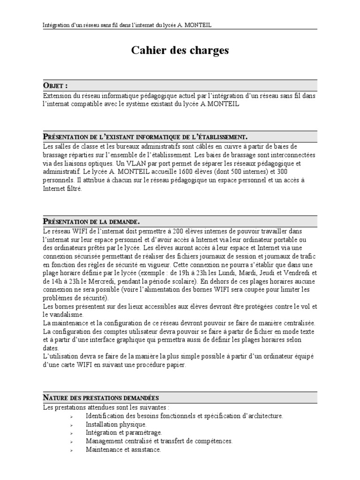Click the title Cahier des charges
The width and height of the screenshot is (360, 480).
point(180,51)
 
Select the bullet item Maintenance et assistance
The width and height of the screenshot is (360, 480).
point(123,450)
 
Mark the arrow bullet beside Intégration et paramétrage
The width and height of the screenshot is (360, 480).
point(71,433)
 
